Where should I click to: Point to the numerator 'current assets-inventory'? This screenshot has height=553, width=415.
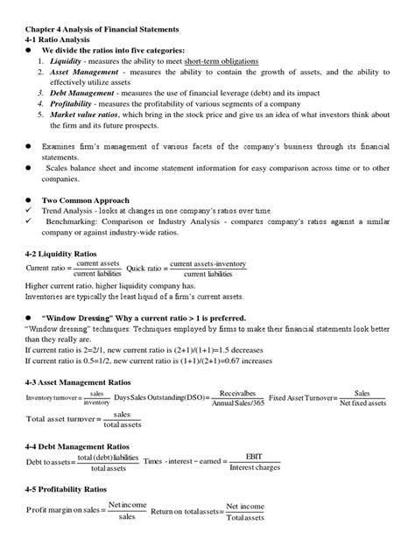coord(207,262)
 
